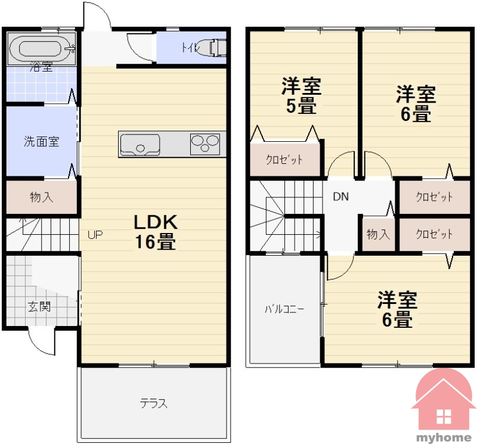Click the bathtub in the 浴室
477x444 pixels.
(41, 49)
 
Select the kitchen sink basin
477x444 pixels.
(140, 144)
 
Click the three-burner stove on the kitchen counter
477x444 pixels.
(205, 144)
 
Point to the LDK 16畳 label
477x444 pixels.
(156, 232)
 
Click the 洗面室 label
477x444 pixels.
(41, 142)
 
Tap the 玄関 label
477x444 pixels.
(39, 306)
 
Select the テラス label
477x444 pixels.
(154, 403)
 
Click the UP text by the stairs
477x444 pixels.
(95, 235)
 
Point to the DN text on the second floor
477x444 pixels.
(340, 197)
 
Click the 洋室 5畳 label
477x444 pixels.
(301, 96)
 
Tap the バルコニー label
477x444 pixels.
(284, 309)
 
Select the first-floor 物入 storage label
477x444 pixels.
(42, 197)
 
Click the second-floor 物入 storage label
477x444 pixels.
(378, 234)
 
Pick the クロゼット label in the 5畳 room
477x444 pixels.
(284, 160)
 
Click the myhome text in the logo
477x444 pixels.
(444, 437)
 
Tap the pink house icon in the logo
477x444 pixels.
(443, 402)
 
